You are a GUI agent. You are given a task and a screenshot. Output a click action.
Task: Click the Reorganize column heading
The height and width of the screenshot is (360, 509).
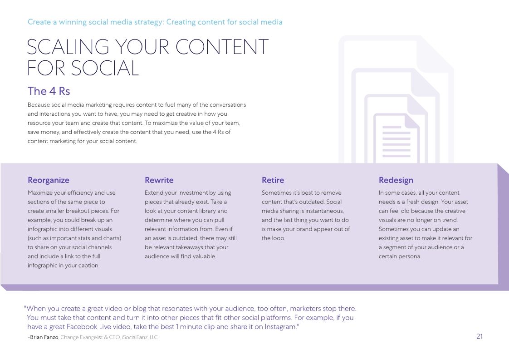click(49, 180)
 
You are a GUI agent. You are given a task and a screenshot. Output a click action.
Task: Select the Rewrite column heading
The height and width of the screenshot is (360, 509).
click(159, 180)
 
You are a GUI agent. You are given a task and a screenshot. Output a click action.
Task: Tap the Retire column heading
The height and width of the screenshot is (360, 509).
click(273, 180)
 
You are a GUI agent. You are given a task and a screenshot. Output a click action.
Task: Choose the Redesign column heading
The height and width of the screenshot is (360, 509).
click(396, 180)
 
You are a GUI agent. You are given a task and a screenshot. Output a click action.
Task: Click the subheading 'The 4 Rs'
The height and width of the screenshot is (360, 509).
click(49, 91)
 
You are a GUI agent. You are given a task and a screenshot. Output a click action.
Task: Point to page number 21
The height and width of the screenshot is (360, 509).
click(480, 336)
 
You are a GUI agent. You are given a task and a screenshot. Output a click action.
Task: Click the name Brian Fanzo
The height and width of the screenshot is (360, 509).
click(44, 337)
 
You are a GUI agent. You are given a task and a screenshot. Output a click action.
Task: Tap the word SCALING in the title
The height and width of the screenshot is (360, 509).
click(68, 47)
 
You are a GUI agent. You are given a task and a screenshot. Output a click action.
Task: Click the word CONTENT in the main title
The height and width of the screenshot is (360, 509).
click(222, 47)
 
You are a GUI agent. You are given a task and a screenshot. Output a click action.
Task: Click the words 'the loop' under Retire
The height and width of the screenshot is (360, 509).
click(273, 238)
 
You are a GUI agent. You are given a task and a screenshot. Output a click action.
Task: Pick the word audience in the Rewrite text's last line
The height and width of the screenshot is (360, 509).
click(157, 256)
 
